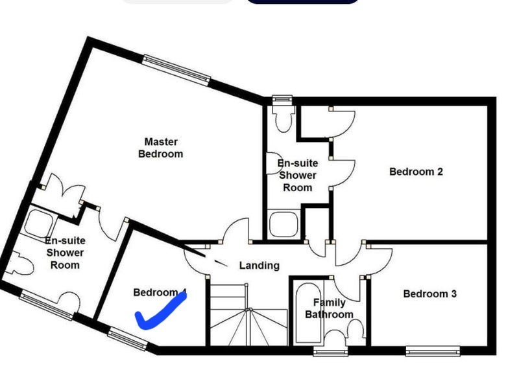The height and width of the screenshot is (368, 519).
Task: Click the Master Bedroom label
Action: tap(161, 148)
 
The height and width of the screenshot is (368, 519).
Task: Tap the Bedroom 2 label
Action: tap(416, 172)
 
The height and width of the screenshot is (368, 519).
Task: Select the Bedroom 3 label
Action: tap(430, 293)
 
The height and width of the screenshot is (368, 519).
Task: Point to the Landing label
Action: tap(259, 266)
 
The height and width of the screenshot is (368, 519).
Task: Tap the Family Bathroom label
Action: tap(330, 308)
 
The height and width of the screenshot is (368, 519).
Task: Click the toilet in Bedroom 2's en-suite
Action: tap(283, 118)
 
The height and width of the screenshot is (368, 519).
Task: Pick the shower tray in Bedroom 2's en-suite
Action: tap(284, 225)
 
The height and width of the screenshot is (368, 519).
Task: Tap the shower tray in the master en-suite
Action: tap(39, 223)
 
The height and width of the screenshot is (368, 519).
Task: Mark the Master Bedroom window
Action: tap(176, 70)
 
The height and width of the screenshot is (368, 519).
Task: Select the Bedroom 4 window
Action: tap(127, 338)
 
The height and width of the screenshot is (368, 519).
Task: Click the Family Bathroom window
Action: tap(331, 351)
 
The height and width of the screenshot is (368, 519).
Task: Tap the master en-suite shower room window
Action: tap(46, 305)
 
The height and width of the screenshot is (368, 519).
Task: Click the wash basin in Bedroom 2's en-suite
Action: tap(273, 163)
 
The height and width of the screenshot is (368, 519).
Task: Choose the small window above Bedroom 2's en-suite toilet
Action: tap(282, 99)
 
